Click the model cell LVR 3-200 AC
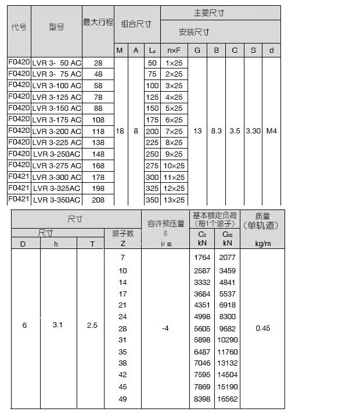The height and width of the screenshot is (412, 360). pos(57,131)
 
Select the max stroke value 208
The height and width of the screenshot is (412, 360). pos(98,200)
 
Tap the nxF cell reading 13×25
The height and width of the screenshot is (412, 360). pos(174,200)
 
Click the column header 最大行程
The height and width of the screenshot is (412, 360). pos(98,23)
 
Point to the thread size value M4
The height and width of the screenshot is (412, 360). pos(271,131)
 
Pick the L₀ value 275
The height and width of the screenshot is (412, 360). pos(152,165)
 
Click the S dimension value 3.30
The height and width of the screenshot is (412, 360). pos(253,131)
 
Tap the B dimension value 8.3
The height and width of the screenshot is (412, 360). pos(216,131)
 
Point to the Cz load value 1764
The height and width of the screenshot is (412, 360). pos(202,257)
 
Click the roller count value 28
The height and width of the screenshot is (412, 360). pos(123,328)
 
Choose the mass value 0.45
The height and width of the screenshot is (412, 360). pos(263,328)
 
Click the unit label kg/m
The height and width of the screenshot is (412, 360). pos(263,244)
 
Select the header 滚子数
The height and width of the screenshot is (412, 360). pos(123,233)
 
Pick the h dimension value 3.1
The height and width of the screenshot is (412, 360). pos(57,325)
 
